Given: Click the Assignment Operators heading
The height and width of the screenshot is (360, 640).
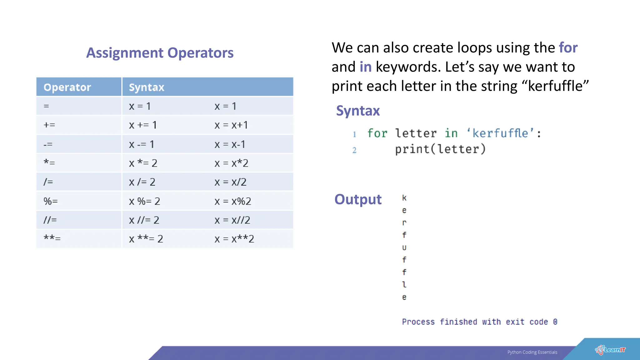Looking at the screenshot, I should pyautogui.click(x=160, y=53).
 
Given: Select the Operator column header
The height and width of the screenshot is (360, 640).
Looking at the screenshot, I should pyautogui.click(x=67, y=87).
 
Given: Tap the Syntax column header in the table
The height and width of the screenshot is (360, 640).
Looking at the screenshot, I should pyautogui.click(x=147, y=87).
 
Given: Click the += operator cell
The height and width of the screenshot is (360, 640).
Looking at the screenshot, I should pyautogui.click(x=49, y=125).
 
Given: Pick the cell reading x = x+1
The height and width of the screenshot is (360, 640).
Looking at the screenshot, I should pyautogui.click(x=231, y=125).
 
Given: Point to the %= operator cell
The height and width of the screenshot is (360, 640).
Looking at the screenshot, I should pyautogui.click(x=51, y=201).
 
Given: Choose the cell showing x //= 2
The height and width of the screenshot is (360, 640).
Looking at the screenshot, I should pyautogui.click(x=144, y=220).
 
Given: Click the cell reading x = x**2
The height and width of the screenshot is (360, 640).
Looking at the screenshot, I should pyautogui.click(x=234, y=239).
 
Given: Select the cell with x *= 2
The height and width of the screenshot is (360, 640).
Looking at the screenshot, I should pyautogui.click(x=143, y=163).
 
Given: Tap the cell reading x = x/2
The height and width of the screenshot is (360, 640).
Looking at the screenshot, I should pyautogui.click(x=231, y=182).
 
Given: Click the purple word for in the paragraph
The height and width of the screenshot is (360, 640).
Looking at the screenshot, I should pyautogui.click(x=568, y=48).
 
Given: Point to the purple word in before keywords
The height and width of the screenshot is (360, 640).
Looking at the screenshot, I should pyautogui.click(x=365, y=67).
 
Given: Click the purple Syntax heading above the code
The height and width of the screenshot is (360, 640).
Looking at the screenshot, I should pyautogui.click(x=358, y=111).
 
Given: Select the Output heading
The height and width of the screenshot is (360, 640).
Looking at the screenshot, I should pyautogui.click(x=358, y=199).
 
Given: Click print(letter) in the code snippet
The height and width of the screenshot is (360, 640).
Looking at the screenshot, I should pyautogui.click(x=440, y=149).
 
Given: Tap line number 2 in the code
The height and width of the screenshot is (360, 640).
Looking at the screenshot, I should pyautogui.click(x=354, y=150).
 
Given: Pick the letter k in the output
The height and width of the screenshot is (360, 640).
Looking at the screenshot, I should pyautogui.click(x=404, y=198).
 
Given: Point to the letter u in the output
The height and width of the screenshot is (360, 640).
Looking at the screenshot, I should pyautogui.click(x=404, y=247).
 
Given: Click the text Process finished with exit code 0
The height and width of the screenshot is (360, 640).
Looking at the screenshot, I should pyautogui.click(x=479, y=322).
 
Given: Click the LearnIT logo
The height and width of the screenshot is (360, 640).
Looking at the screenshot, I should pyautogui.click(x=610, y=350).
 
